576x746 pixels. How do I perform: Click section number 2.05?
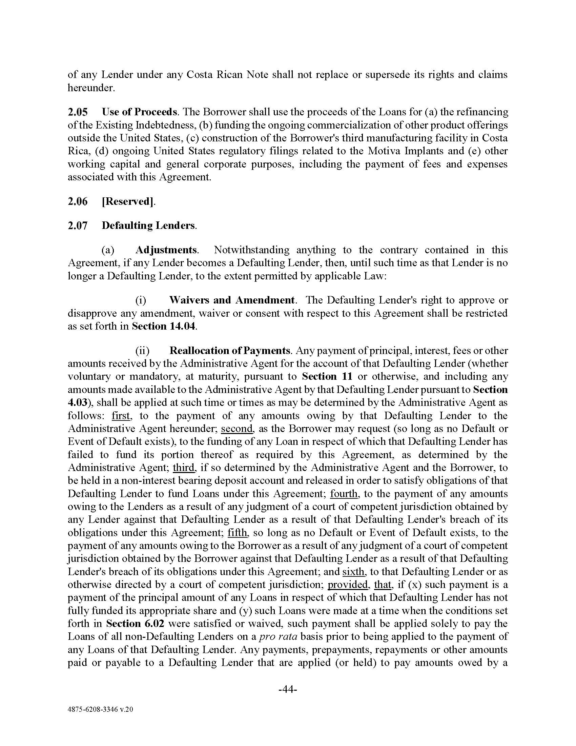[78, 112]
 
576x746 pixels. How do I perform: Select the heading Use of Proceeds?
[139, 112]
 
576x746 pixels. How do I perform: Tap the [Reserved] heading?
[128, 201]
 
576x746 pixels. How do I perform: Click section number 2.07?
[78, 226]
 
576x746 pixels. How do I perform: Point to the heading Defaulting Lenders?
[148, 226]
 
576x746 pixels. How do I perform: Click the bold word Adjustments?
[166, 250]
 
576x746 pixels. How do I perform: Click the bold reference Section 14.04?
[164, 326]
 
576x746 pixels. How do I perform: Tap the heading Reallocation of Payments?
[230, 351]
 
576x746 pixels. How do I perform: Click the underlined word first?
[121, 416]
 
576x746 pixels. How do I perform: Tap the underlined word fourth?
[344, 494]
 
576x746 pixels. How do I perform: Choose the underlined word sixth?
[353, 572]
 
